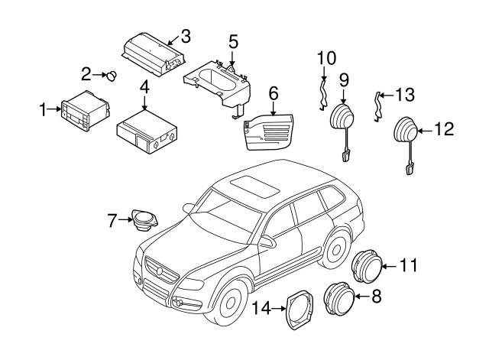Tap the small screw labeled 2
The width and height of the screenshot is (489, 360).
[112, 75]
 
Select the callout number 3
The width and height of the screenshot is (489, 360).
[185, 35]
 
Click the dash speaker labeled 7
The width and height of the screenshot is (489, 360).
[142, 220]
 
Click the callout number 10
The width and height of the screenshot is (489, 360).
[326, 57]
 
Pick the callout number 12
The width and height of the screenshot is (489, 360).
[444, 129]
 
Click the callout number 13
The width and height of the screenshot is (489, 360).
[404, 95]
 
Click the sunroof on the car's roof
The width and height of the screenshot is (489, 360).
[252, 184]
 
